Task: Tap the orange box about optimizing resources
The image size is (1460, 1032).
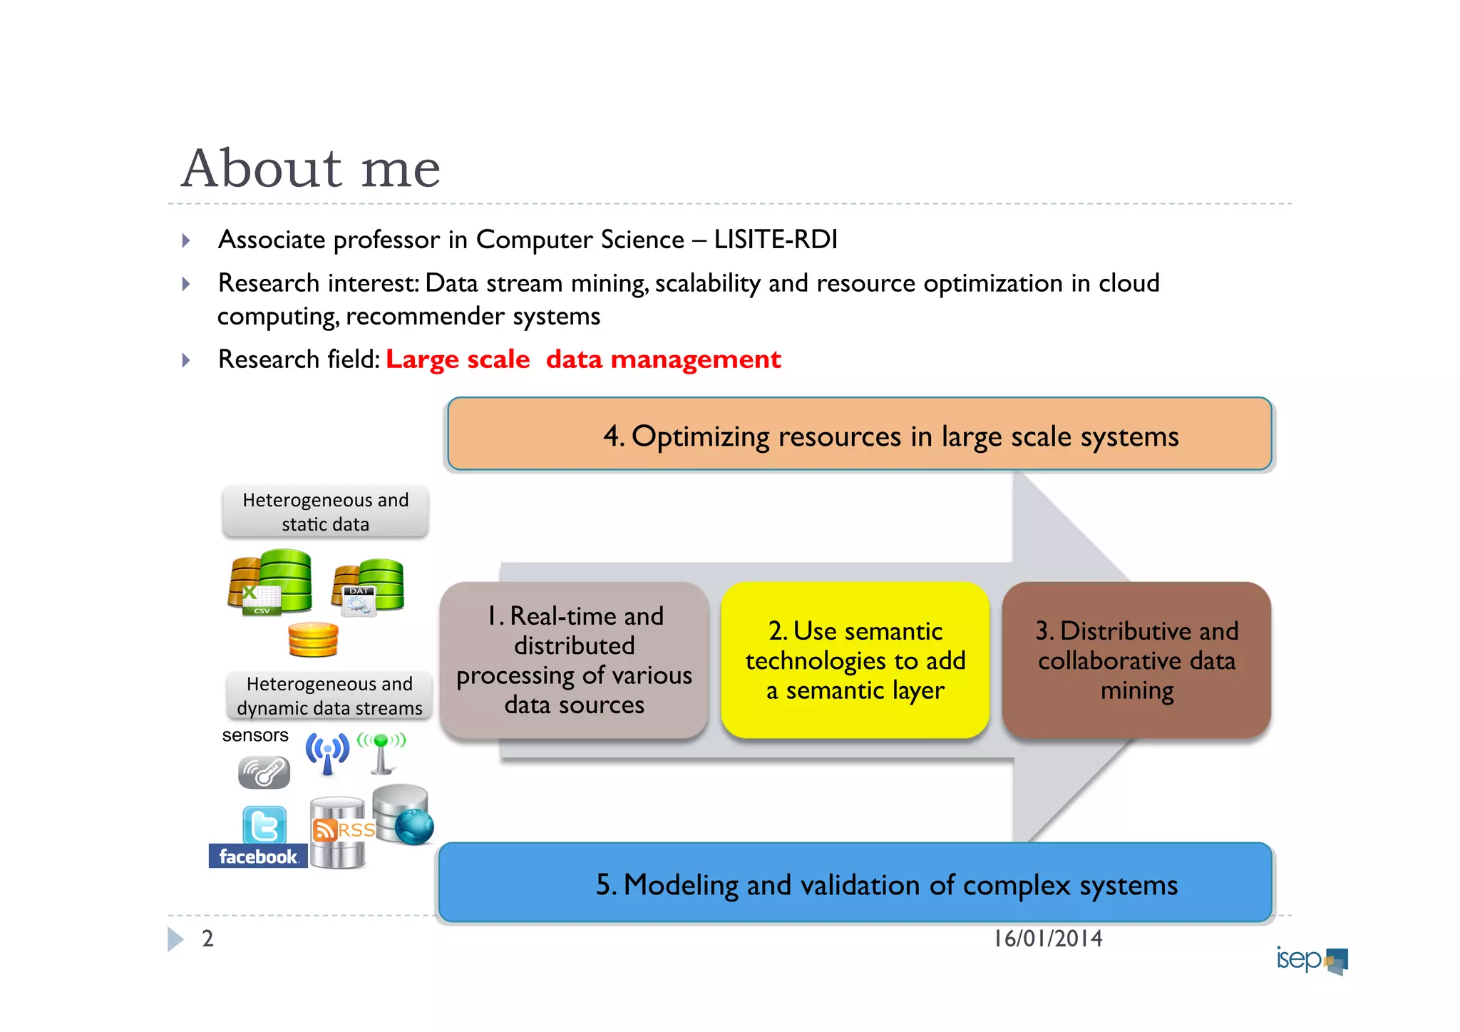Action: (859, 434)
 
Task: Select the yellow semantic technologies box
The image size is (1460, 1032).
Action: (855, 660)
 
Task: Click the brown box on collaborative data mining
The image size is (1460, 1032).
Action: (1136, 660)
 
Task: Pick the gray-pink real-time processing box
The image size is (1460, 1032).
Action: (574, 660)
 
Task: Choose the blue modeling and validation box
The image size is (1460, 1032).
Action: (855, 883)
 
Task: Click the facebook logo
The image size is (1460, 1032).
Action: (257, 856)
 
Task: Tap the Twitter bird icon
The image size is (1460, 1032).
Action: (264, 825)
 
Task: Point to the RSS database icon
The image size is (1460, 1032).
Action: (339, 832)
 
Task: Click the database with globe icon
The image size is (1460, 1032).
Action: (403, 814)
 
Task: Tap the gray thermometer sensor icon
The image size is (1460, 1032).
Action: (264, 772)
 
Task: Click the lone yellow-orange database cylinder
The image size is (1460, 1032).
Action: (313, 639)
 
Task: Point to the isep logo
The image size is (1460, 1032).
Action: (1311, 959)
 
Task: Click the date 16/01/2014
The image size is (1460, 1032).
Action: (1047, 939)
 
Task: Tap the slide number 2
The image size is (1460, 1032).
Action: (207, 939)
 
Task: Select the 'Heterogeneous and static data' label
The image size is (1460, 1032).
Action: (326, 511)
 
